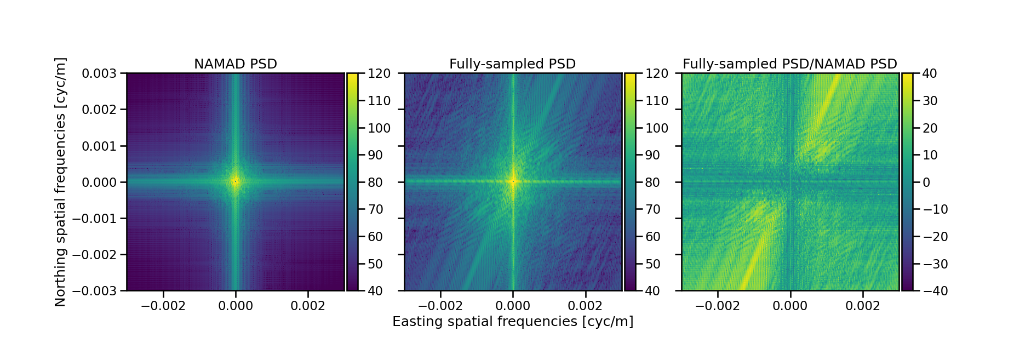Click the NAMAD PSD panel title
(x=236, y=64)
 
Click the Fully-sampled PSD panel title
(x=512, y=64)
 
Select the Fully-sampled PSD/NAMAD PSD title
(x=789, y=64)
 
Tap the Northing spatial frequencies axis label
(x=60, y=182)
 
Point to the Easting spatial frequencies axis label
(x=513, y=322)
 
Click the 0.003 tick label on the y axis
(x=99, y=73)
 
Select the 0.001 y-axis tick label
(x=99, y=146)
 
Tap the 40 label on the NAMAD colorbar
(x=375, y=291)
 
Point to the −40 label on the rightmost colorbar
(x=935, y=291)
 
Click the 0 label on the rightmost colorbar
(x=926, y=182)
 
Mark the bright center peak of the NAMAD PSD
(x=236, y=181)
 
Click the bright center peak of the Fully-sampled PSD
(x=513, y=181)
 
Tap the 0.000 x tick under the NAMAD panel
(x=236, y=306)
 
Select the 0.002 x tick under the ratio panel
(x=862, y=306)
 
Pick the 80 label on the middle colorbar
(x=652, y=182)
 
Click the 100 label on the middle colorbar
(x=656, y=128)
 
